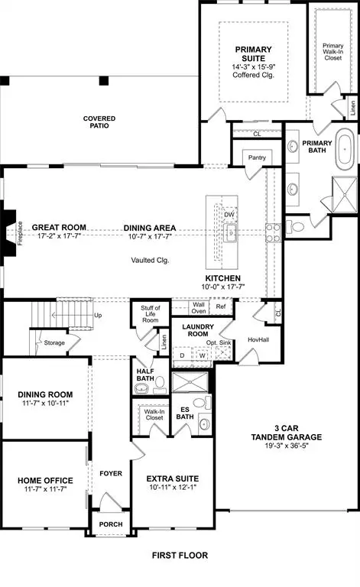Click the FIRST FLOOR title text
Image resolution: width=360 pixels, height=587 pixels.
(x=180, y=555)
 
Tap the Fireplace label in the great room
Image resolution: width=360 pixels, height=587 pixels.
(x=21, y=228)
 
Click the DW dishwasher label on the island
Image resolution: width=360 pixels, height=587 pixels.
(x=229, y=215)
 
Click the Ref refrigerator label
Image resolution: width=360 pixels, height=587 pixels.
(x=221, y=307)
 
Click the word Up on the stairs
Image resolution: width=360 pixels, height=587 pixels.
(x=98, y=315)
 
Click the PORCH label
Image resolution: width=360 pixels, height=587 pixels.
(x=112, y=524)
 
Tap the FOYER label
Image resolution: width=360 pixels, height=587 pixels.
(x=112, y=473)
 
